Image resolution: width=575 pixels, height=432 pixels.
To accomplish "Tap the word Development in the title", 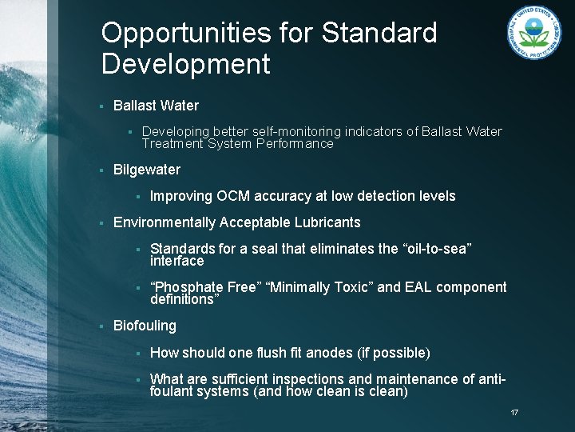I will [186, 65].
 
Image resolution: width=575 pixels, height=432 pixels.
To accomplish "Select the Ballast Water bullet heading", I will [156, 106].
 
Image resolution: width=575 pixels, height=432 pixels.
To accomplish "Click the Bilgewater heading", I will [147, 170].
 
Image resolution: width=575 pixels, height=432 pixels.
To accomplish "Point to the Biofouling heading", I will [145, 326].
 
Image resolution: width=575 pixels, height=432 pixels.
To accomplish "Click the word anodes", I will [327, 353].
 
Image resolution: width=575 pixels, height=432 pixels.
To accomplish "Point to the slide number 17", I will [514, 412].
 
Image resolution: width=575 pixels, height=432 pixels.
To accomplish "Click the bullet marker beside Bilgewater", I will [101, 170].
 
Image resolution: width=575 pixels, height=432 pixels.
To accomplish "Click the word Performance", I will [293, 145].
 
